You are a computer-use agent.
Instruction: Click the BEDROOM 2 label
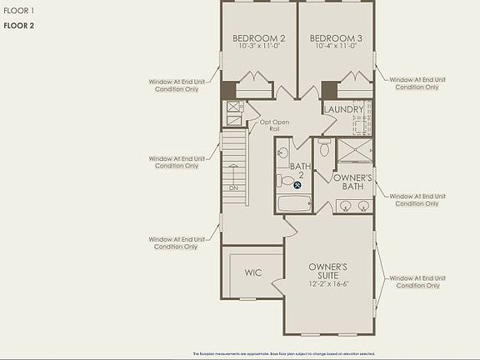258,38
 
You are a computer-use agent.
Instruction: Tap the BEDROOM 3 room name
336,38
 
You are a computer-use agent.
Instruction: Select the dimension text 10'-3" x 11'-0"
258,47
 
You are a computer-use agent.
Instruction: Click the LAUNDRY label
344,109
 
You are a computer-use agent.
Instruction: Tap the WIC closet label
253,272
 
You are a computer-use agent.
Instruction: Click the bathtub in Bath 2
293,202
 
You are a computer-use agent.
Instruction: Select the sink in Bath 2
282,153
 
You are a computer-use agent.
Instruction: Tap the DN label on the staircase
233,187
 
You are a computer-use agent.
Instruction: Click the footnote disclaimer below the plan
283,353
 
